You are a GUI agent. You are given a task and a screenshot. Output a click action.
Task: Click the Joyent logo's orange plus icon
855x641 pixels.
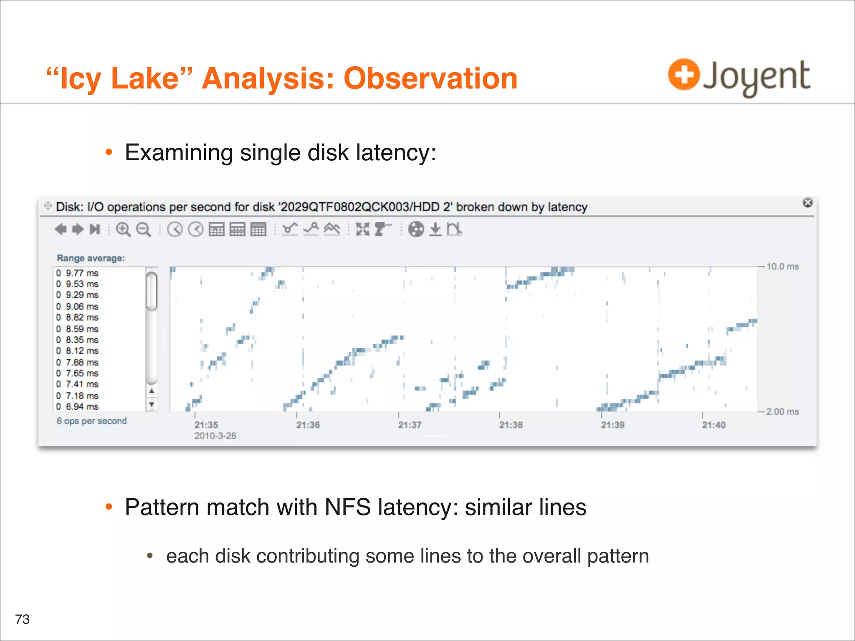coord(683,75)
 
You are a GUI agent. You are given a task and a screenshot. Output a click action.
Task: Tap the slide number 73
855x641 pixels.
coord(23,619)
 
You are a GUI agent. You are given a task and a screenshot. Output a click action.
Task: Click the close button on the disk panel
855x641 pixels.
coord(807,203)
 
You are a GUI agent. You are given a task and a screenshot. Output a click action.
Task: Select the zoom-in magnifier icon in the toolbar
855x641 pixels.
coord(123,230)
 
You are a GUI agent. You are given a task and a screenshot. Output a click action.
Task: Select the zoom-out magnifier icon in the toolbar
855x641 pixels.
coord(143,230)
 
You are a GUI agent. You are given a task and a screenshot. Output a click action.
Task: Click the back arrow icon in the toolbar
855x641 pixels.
coord(61,229)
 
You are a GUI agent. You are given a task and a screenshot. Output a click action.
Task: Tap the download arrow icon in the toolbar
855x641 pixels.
coord(435,229)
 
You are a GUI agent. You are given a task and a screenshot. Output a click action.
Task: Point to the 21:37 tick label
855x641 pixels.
coord(410,425)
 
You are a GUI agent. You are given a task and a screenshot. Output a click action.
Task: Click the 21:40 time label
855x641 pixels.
coord(713,425)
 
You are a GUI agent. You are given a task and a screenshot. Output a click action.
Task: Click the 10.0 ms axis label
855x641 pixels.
coord(782,267)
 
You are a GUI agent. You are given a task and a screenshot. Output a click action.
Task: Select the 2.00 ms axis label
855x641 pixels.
coord(782,412)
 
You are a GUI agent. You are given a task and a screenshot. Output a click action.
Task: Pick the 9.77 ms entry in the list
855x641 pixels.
coord(82,273)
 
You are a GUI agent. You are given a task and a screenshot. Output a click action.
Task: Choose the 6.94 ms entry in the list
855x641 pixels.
coord(82,407)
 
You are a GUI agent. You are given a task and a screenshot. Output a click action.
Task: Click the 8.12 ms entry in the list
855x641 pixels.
coord(82,351)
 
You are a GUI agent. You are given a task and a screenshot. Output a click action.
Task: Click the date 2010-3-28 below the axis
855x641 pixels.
coord(215,436)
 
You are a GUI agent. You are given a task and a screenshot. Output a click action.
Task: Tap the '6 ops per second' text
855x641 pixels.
coord(92,421)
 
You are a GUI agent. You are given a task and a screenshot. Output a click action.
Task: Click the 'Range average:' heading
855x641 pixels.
coord(91,258)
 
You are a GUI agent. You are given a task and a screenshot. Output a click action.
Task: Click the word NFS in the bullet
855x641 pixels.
coord(347,507)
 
